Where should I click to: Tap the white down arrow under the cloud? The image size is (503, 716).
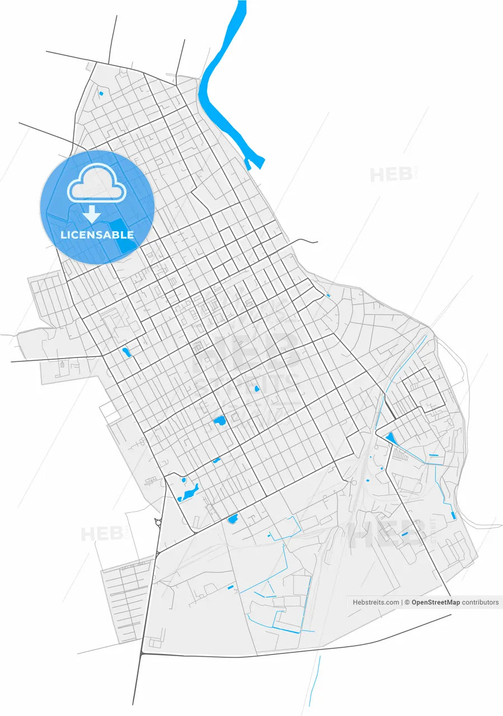click(92, 214)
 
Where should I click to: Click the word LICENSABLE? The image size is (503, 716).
click(97, 235)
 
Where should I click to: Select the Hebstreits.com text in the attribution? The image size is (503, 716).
click(376, 602)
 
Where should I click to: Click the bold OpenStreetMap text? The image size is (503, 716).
click(435, 602)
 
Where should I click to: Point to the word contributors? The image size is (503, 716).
click(480, 602)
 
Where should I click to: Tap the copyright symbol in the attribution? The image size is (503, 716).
click(407, 602)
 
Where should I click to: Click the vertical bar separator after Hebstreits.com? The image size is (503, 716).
click(402, 602)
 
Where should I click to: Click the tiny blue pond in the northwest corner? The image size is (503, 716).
click(101, 93)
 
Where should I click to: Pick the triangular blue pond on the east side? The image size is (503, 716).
click(390, 438)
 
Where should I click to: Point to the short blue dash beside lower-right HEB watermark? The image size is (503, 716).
click(405, 534)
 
